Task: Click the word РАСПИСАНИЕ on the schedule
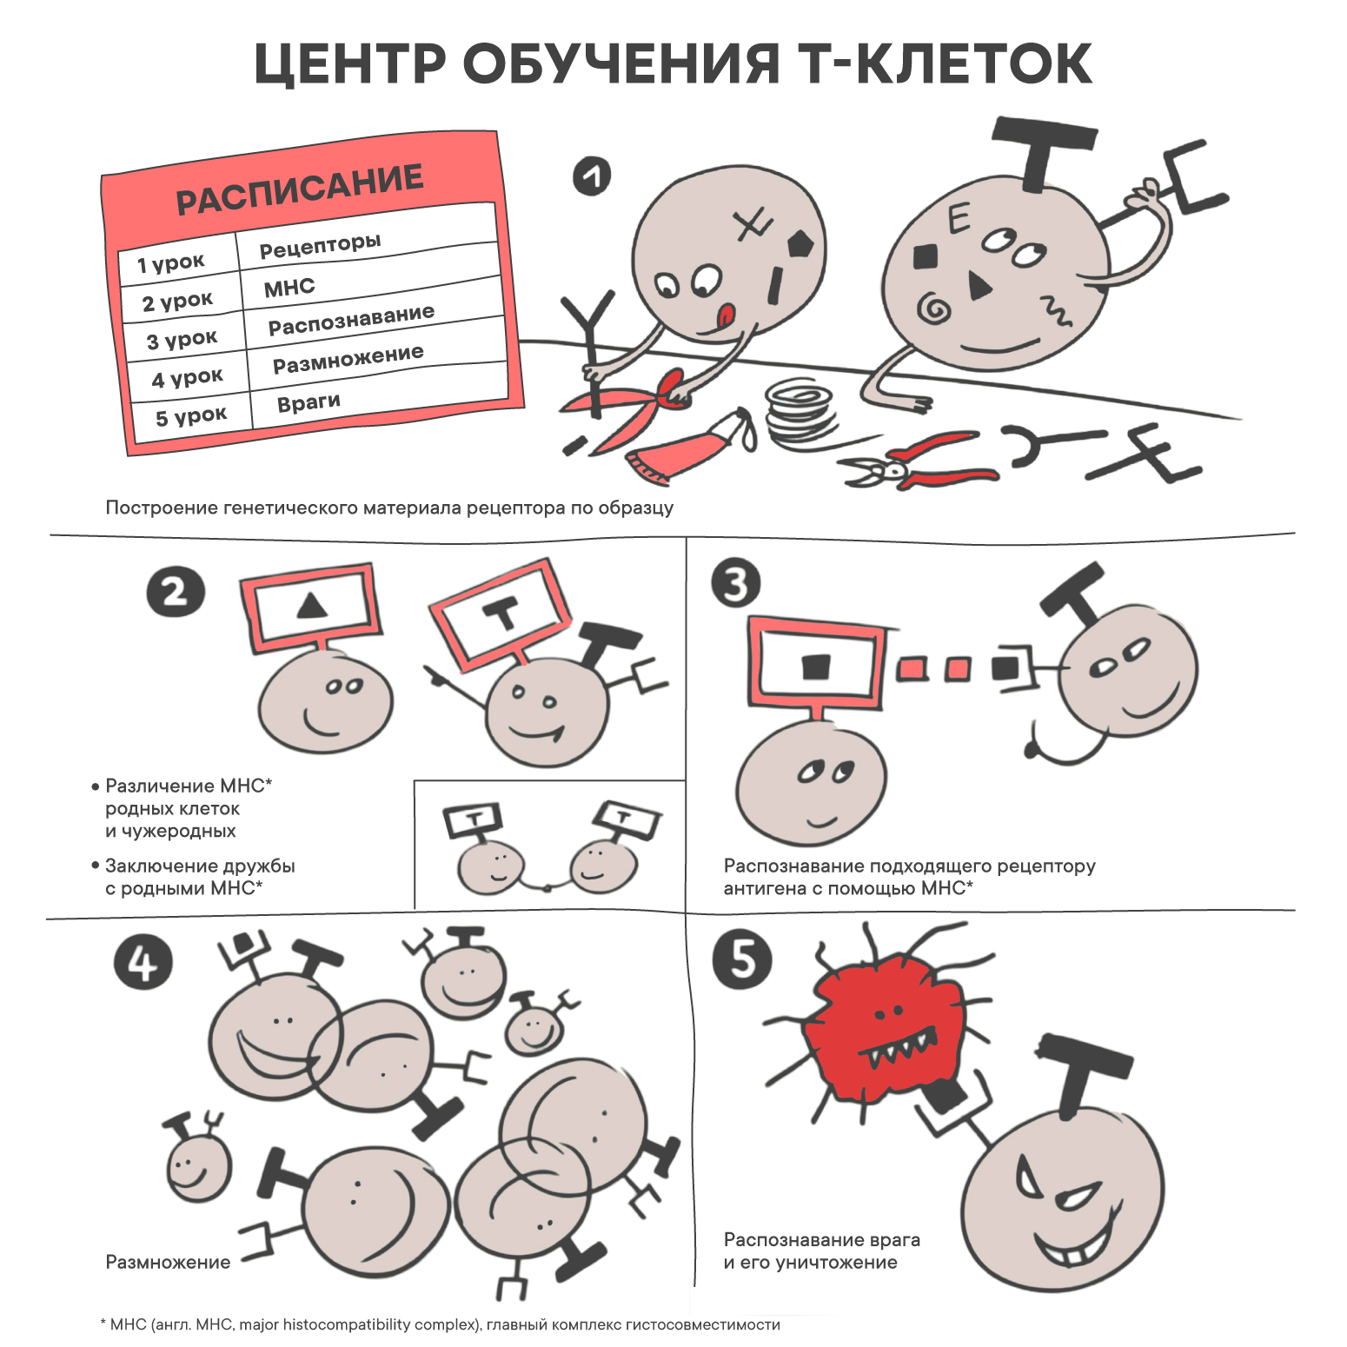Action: [x=300, y=189]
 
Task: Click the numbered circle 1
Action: [x=592, y=176]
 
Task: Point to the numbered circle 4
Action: [x=143, y=963]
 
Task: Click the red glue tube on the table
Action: [x=692, y=443]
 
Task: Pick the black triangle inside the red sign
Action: [x=311, y=605]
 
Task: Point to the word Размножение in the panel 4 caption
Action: [x=168, y=1262]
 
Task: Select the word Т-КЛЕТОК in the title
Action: [x=945, y=63]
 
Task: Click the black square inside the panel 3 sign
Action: [x=816, y=667]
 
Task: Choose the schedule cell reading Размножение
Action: [x=348, y=358]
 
